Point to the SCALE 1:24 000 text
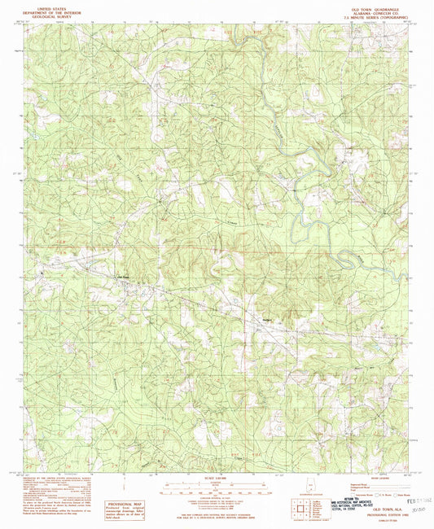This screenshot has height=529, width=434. pyautogui.click(x=216, y=475)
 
